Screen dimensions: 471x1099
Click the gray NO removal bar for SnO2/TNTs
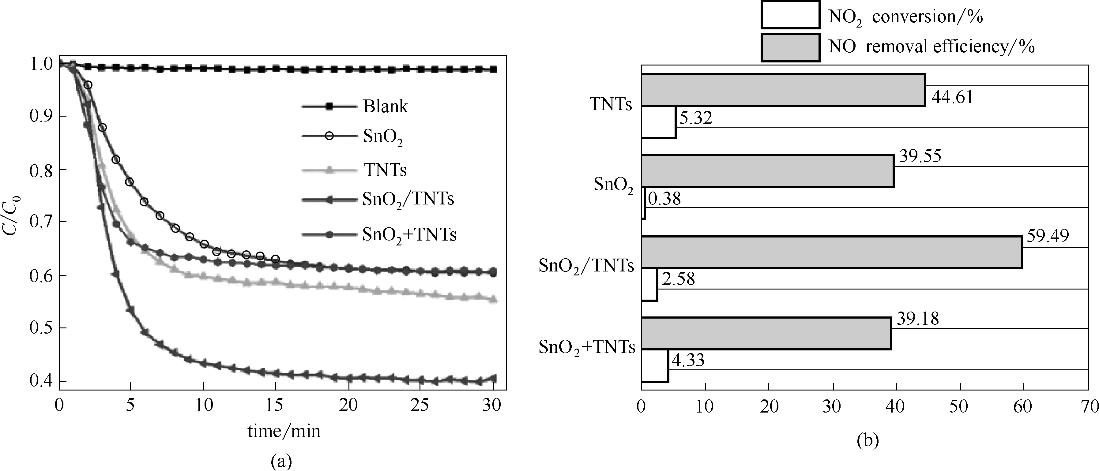tap(831, 252)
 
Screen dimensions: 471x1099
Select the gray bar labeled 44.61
tap(783, 89)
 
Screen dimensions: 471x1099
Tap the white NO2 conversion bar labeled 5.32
tap(658, 122)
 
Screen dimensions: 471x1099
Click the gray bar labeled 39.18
tap(766, 333)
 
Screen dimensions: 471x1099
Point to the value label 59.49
tap(1047, 236)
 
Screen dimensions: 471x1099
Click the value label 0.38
tap(664, 199)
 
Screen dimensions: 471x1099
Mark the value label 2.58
tap(678, 279)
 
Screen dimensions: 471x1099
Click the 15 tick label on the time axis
tap(274, 405)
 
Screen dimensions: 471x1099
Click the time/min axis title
tap(284, 431)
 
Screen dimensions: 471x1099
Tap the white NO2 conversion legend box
tap(790, 15)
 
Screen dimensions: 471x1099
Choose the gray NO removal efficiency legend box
tap(790, 48)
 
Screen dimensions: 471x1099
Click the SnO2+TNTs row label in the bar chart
tap(587, 347)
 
